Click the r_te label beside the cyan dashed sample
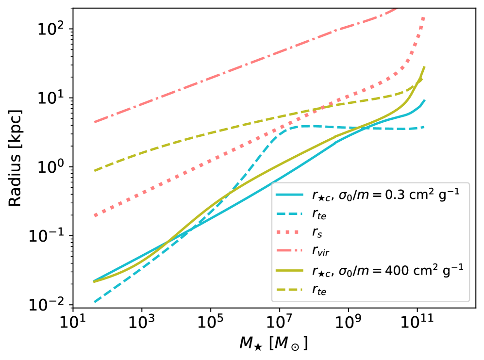point(319,214)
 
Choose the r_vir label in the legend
point(320,251)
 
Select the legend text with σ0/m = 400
point(387,271)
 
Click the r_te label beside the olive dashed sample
point(319,290)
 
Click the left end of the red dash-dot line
point(94,122)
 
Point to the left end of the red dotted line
point(95,215)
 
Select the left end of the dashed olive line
point(94,171)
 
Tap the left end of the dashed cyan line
point(94,302)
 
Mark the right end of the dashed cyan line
point(425,127)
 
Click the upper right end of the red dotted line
point(424,17)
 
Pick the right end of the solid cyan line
point(425,100)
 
